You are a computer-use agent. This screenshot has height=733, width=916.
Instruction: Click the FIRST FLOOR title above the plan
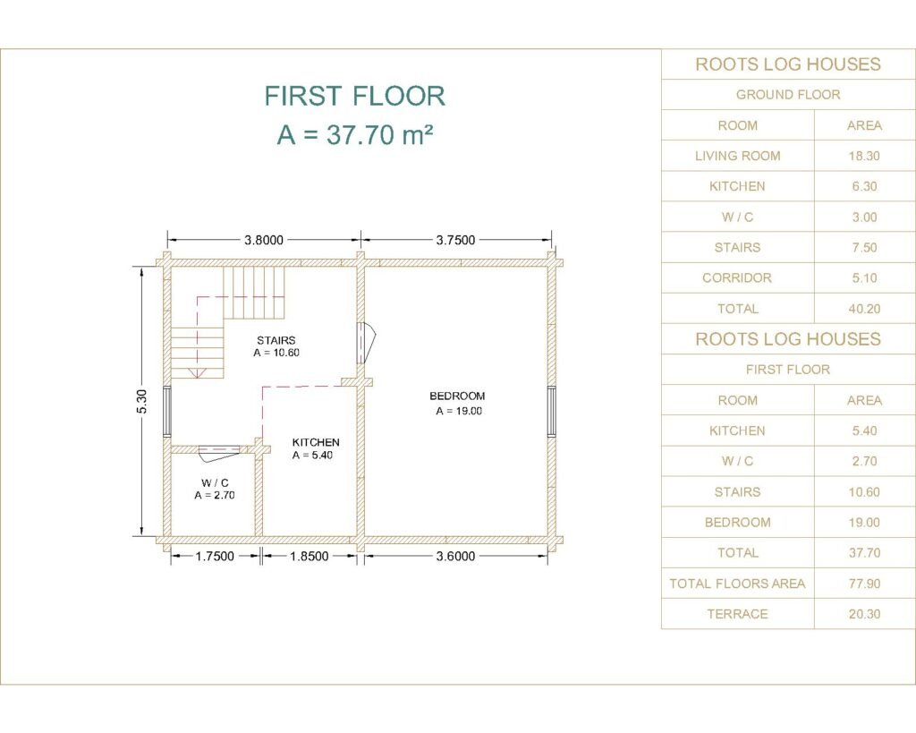354,96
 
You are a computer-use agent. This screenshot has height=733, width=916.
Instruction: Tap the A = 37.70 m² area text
354,134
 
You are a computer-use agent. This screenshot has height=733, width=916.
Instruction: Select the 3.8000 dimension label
264,240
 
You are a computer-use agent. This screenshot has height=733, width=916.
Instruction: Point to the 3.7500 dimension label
455,240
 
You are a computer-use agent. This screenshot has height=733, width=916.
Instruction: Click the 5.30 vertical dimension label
142,401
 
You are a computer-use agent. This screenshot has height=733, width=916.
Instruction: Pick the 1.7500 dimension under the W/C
215,556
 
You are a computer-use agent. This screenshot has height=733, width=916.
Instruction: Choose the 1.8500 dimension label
309,556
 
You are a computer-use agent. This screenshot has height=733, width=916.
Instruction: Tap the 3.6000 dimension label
455,556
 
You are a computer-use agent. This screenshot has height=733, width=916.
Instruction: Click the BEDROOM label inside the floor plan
457,396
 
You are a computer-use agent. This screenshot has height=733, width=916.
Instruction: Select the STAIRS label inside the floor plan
276,340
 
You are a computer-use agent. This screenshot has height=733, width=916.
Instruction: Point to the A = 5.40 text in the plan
312,456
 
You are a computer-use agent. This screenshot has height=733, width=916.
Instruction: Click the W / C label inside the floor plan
215,482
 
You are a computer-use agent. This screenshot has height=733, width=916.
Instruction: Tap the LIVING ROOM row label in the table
737,156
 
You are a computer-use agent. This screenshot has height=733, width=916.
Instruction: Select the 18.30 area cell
864,156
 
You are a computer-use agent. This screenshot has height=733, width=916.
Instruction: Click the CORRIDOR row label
737,277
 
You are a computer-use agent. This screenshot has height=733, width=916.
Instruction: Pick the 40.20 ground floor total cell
864,309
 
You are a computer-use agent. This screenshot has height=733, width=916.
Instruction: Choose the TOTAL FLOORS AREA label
737,584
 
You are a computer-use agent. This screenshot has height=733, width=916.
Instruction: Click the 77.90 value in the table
864,584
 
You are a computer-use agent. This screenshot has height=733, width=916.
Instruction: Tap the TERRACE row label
737,614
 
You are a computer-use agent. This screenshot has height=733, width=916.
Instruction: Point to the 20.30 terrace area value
864,614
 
